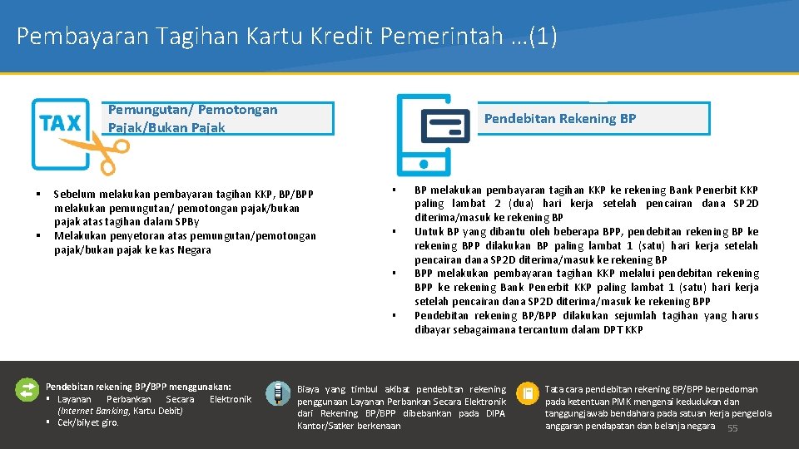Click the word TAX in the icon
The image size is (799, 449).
(x=60, y=123)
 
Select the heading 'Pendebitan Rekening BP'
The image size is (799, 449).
(x=560, y=119)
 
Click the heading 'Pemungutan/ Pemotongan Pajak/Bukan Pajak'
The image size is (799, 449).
(x=192, y=119)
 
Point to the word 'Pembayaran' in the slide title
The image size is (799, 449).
(x=82, y=36)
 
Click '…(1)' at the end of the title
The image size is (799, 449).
(x=534, y=36)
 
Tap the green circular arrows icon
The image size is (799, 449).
(x=27, y=391)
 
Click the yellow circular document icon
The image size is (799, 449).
(x=528, y=393)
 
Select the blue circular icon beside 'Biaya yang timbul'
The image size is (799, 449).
(x=278, y=393)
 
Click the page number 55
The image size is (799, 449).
(x=732, y=429)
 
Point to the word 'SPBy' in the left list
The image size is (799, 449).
(x=187, y=222)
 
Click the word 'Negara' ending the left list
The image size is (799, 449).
(x=194, y=250)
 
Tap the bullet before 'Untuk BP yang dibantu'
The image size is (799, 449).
(x=394, y=232)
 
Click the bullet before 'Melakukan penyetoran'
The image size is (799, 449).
(x=38, y=235)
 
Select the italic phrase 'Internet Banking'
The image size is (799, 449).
(x=93, y=411)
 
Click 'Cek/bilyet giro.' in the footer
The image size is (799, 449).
(x=87, y=422)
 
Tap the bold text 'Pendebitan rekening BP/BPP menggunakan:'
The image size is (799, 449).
(x=138, y=387)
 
